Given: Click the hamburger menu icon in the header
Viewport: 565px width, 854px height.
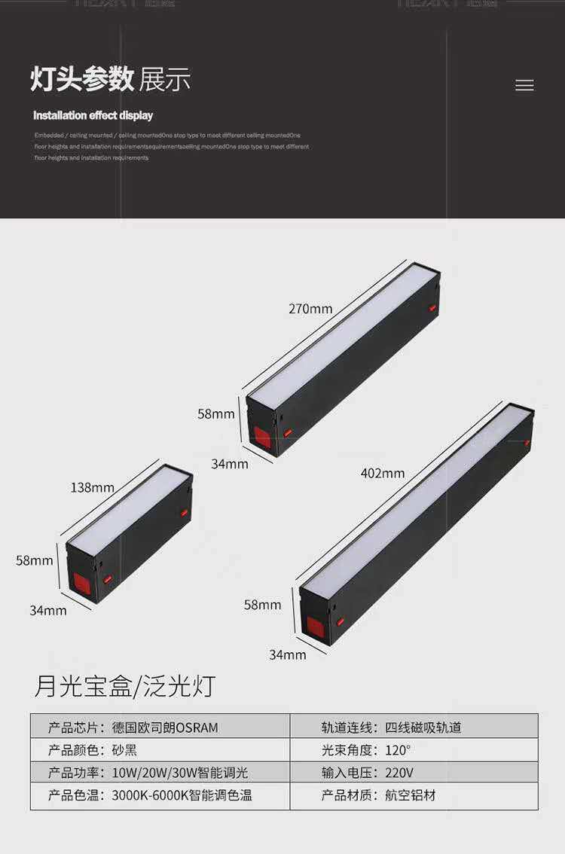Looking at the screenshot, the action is tap(524, 86).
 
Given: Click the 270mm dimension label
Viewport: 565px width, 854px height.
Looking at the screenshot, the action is tap(310, 309).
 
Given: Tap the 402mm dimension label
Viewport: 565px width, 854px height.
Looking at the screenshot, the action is tap(382, 474).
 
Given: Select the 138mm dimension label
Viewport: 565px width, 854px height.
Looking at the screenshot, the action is tap(92, 487).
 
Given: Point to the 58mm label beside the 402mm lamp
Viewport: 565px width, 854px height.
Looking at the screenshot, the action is tap(262, 605).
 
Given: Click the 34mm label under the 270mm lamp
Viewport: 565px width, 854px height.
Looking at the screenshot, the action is tap(229, 464).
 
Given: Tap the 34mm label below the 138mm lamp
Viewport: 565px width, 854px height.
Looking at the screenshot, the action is tap(48, 610).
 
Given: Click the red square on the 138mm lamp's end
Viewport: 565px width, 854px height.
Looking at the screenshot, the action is tap(81, 582).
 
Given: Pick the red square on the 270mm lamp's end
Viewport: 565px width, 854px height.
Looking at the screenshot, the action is tap(262, 436).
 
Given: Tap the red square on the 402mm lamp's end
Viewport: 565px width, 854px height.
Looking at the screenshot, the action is tap(316, 627).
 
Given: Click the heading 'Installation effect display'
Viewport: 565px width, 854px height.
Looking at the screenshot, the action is tap(93, 115).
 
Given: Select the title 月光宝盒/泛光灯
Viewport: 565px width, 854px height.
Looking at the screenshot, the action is tap(124, 685).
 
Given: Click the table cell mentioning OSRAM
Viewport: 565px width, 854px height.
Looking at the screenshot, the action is tap(160, 727).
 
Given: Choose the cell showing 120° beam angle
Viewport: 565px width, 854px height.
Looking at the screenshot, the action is tap(414, 750).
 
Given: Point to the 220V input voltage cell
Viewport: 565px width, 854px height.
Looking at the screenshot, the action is tap(414, 773).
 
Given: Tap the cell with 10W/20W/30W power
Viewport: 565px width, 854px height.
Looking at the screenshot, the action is tap(160, 773).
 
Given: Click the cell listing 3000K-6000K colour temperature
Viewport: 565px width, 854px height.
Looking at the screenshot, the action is tap(160, 796).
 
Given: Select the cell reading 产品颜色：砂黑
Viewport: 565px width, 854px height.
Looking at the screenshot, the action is tap(160, 750).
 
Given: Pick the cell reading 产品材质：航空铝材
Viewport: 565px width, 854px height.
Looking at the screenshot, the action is tap(414, 796).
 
